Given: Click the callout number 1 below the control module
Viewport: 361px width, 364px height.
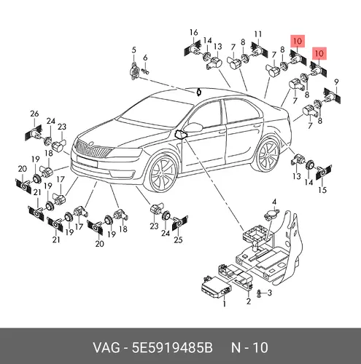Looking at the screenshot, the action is (224, 304).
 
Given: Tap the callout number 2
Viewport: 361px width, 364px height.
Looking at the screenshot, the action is (248, 301).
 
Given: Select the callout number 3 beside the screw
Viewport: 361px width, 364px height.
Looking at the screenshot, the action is (269, 293).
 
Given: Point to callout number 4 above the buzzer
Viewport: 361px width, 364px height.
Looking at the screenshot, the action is (274, 202).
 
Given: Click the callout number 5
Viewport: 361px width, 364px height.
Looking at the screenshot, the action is (134, 50).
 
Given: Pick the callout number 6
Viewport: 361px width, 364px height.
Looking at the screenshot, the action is (145, 58).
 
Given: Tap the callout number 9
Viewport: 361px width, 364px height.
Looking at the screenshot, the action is (336, 82).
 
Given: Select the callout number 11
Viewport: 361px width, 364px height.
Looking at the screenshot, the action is (258, 34).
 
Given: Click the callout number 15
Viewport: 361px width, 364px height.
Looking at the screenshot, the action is (322, 190).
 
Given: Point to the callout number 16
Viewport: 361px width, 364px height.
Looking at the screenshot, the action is (194, 32).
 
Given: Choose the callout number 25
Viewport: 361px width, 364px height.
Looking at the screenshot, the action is (178, 240).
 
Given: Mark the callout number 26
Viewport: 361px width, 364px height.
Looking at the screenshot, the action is (34, 114).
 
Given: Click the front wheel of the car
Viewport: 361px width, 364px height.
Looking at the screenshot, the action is (163, 174).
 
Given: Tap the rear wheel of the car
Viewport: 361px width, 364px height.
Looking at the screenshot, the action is (268, 154).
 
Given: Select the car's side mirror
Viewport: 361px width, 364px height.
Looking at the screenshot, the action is (193, 127).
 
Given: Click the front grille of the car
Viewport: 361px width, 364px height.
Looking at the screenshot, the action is (93, 149).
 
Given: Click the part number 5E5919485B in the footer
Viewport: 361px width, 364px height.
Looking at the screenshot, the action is (172, 348).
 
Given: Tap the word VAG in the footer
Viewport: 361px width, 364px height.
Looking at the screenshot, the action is (106, 348).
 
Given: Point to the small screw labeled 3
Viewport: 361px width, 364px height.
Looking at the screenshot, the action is (260, 294).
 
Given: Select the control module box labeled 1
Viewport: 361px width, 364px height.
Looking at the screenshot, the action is (217, 288).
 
